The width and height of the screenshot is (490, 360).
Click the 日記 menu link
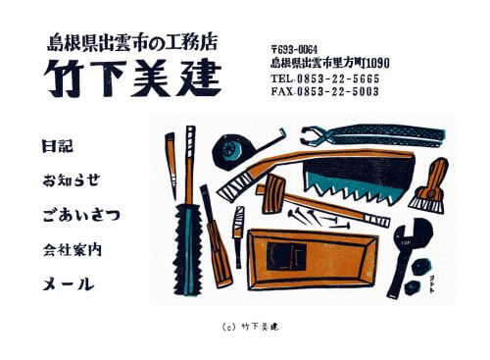pyautogui.click(x=58, y=146)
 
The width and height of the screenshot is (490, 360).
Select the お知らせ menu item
pyautogui.click(x=71, y=180)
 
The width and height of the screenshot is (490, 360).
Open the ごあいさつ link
pyautogui.click(x=81, y=214)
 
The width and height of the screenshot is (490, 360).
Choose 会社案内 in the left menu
pyautogui.click(x=73, y=249)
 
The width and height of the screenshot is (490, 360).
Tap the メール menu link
pyautogui.click(x=68, y=284)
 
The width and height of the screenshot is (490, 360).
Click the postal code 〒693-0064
pyautogui.click(x=294, y=47)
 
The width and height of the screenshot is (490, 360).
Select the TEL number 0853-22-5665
pyautogui.click(x=324, y=77)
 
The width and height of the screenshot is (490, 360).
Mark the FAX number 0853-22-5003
pyautogui.click(x=324, y=91)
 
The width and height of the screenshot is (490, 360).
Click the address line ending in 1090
pyautogui.click(x=329, y=62)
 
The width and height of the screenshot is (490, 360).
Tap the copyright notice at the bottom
pyautogui.click(x=245, y=326)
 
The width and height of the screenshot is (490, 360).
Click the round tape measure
pyautogui.click(x=235, y=151)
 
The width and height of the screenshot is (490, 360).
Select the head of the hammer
pyautogui.click(x=273, y=193)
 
